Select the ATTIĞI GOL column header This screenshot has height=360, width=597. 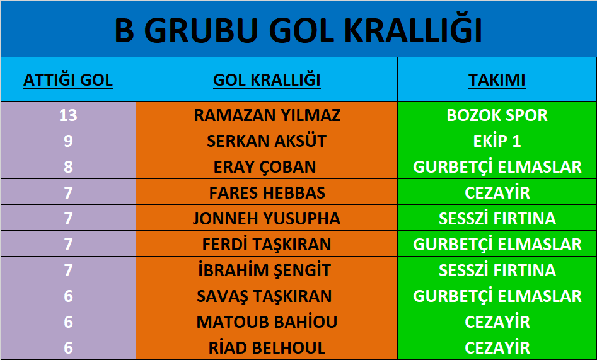(x=68, y=80)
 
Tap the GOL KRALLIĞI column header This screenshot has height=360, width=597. (x=267, y=80)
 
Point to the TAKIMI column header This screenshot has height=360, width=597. (x=497, y=80)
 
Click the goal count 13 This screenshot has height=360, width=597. (x=68, y=115)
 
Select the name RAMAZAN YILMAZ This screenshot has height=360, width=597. (x=267, y=115)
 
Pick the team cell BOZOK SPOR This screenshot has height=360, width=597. (x=497, y=115)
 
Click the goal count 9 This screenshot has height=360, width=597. (x=68, y=141)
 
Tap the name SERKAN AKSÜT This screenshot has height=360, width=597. (x=267, y=141)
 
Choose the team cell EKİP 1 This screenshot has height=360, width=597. (x=497, y=141)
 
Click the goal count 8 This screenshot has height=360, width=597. (x=68, y=167)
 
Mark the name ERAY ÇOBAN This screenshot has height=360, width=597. (x=265, y=167)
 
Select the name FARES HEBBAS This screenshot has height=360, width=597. (x=267, y=193)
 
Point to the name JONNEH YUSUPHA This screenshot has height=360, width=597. (x=267, y=219)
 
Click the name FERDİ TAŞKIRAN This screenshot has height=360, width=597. (x=267, y=244)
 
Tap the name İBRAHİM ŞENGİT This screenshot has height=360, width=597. (x=265, y=270)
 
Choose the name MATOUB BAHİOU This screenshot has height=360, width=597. (x=267, y=322)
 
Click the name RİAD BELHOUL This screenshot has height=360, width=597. (x=267, y=348)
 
